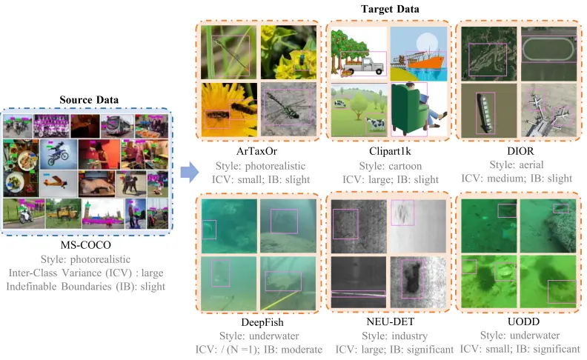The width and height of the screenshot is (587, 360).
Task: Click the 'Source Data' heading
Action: pyautogui.click(x=89, y=99)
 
